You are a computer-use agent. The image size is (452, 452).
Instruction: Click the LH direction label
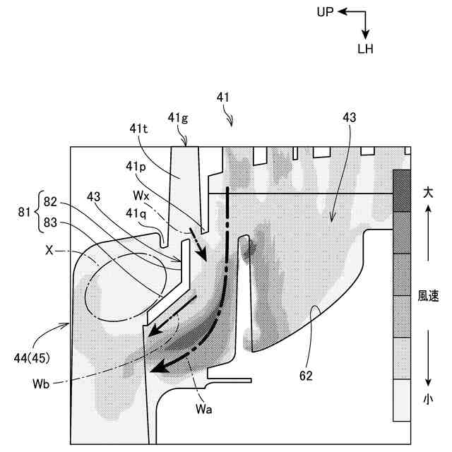tap(366, 49)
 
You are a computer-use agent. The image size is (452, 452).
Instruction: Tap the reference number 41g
tap(178, 118)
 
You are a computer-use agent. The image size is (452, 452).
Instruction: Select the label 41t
tap(139, 129)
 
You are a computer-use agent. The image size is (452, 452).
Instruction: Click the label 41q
tap(138, 212)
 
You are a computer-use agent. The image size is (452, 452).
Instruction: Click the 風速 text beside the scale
tap(429, 297)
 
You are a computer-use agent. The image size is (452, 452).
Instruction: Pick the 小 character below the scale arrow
tap(429, 399)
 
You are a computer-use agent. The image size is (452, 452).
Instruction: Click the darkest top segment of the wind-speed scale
tap(401, 179)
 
